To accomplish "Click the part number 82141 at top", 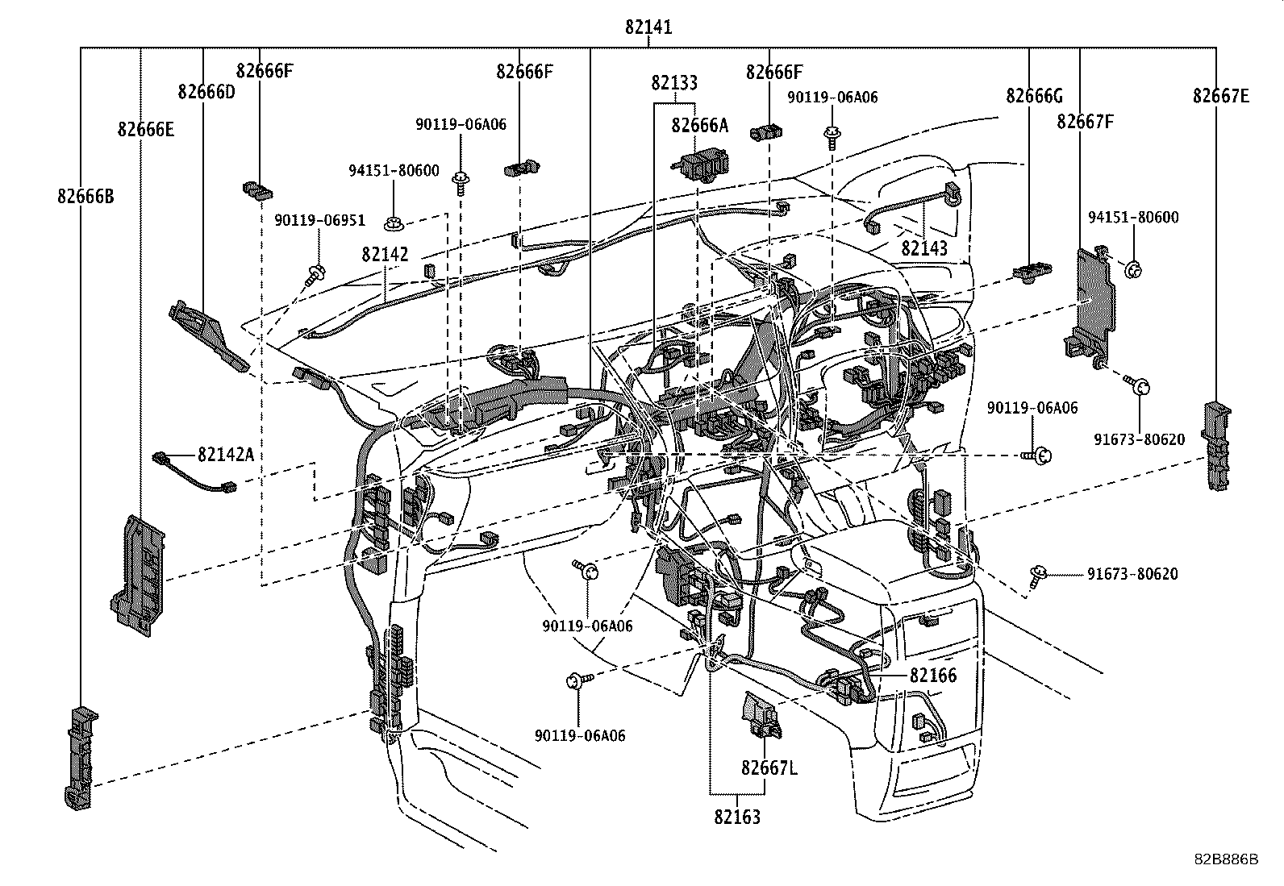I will [648, 27].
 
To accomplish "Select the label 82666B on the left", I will [85, 196].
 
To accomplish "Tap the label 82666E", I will [145, 129].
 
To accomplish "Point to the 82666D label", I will [206, 92].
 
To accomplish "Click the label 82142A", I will [226, 455].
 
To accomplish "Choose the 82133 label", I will [674, 83].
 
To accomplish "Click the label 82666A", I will [699, 125].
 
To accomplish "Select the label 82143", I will [924, 248].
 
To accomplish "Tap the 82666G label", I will [1034, 97].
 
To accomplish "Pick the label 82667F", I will [1086, 123].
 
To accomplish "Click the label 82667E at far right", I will [1221, 97].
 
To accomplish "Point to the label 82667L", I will [769, 768].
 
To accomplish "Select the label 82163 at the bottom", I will [736, 817].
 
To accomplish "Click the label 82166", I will [933, 676].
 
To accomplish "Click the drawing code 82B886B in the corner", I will [1226, 859].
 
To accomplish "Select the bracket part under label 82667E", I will [1217, 445].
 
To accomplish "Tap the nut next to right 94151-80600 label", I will [1132, 270].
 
